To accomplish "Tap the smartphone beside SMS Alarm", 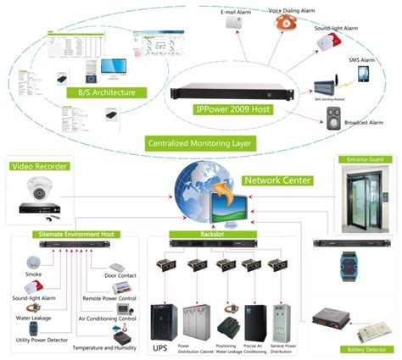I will coord(363,75).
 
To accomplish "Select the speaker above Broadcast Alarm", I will coord(333,121).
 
